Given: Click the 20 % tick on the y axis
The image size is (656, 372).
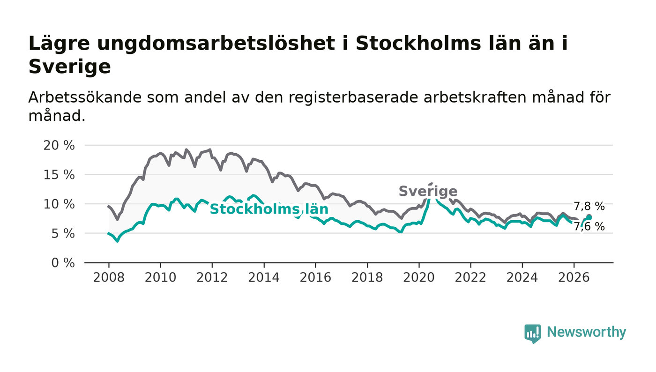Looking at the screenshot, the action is tap(59, 146).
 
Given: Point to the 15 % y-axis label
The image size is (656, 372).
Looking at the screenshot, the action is tap(59, 175).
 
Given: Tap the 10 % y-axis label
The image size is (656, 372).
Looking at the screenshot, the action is tap(59, 204).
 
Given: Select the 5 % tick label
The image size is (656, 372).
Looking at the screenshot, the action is tap(63, 234).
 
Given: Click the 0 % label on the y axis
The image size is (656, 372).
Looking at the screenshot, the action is tap(63, 263).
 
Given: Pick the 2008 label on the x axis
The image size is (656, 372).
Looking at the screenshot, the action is tap(109, 277).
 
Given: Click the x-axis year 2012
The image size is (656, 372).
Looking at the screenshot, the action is tap(212, 277).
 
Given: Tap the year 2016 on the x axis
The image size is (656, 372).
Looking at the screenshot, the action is tap(315, 277).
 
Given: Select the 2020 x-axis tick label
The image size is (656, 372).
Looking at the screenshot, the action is tap(419, 277).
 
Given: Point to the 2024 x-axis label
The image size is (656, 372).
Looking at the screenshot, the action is tap(522, 277).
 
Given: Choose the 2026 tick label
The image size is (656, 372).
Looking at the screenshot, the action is tap(574, 277).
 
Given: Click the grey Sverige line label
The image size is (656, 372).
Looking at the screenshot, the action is tap(428, 192).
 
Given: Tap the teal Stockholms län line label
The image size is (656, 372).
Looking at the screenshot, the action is tap(269, 209).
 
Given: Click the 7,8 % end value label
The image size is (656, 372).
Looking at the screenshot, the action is tap(589, 207).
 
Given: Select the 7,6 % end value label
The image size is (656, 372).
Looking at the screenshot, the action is tap(589, 227).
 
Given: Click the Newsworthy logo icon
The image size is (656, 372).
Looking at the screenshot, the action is tap(532, 334).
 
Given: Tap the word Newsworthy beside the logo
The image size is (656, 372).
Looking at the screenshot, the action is tap(586, 332).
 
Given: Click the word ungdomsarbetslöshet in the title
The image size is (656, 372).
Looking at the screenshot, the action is tap(216, 44).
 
